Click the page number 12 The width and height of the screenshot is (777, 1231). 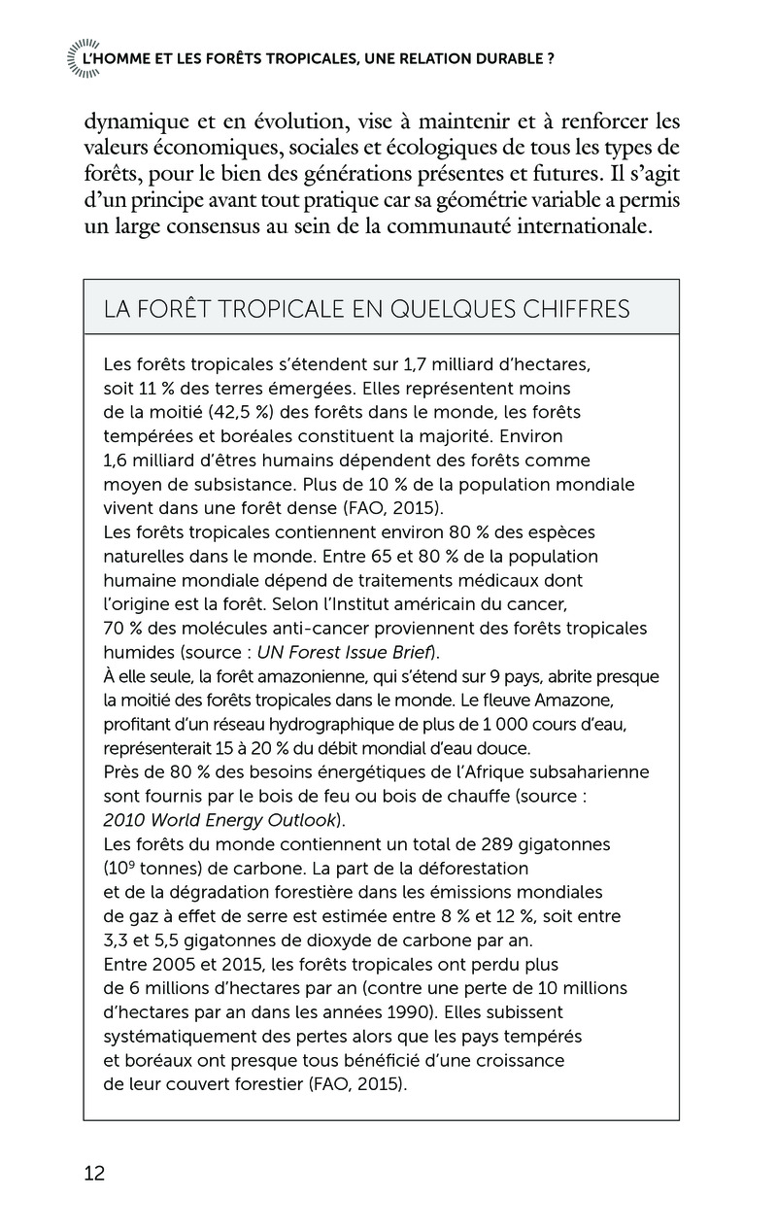[94, 1173]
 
